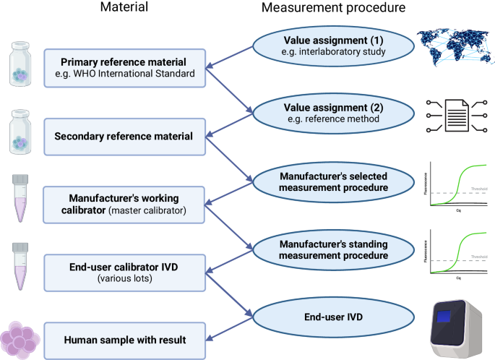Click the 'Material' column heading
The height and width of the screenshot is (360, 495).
tap(125, 9)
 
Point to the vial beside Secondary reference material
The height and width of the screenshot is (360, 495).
tap(22, 135)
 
